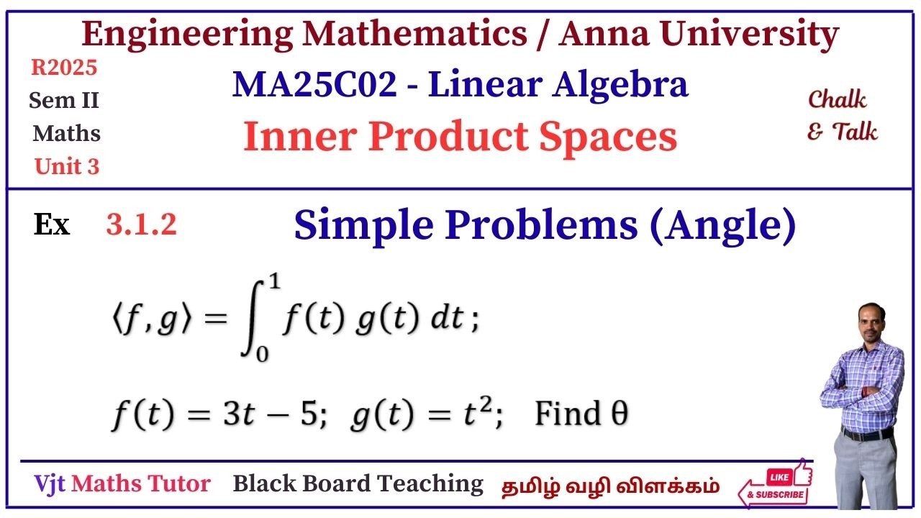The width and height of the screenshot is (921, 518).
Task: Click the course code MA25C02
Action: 314,86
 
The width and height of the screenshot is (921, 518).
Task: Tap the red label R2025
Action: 64,68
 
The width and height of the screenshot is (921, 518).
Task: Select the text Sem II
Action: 64,101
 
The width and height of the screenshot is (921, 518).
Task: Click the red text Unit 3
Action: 67,167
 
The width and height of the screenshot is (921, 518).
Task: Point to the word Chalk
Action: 837,99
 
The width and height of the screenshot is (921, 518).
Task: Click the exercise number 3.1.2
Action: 141,226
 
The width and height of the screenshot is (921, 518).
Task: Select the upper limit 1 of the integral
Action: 273,283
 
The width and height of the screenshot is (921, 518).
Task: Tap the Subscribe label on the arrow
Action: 776,495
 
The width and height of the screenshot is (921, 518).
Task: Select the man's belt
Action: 867,434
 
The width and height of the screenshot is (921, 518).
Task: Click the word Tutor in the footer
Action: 177,484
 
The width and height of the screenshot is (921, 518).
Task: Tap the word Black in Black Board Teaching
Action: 261,483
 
